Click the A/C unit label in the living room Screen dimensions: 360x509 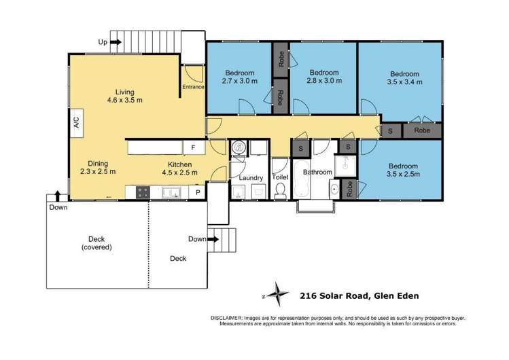[76, 123]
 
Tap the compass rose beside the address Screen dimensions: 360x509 [277, 294]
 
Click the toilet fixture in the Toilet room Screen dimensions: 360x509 [280, 191]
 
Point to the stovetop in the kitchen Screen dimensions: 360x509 [143, 193]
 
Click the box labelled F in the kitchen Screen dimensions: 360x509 [194, 147]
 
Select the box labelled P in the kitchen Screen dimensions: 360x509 [198, 193]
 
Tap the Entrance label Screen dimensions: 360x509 [193, 87]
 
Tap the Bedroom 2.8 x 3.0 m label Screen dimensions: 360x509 [324, 76]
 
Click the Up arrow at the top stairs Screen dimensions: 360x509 [116, 42]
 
